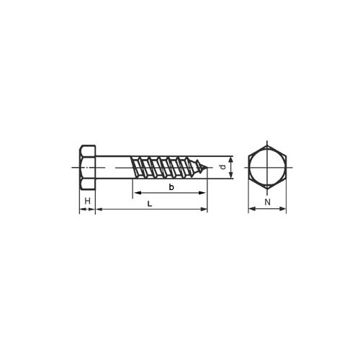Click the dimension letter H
coord(88,201)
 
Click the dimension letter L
coord(150,204)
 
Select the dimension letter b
coord(171,187)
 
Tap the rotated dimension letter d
coord(223,167)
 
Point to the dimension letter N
coord(267,202)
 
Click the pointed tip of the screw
coord(207,167)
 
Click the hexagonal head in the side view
coord(88,168)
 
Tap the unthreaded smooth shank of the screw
coord(113,167)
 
